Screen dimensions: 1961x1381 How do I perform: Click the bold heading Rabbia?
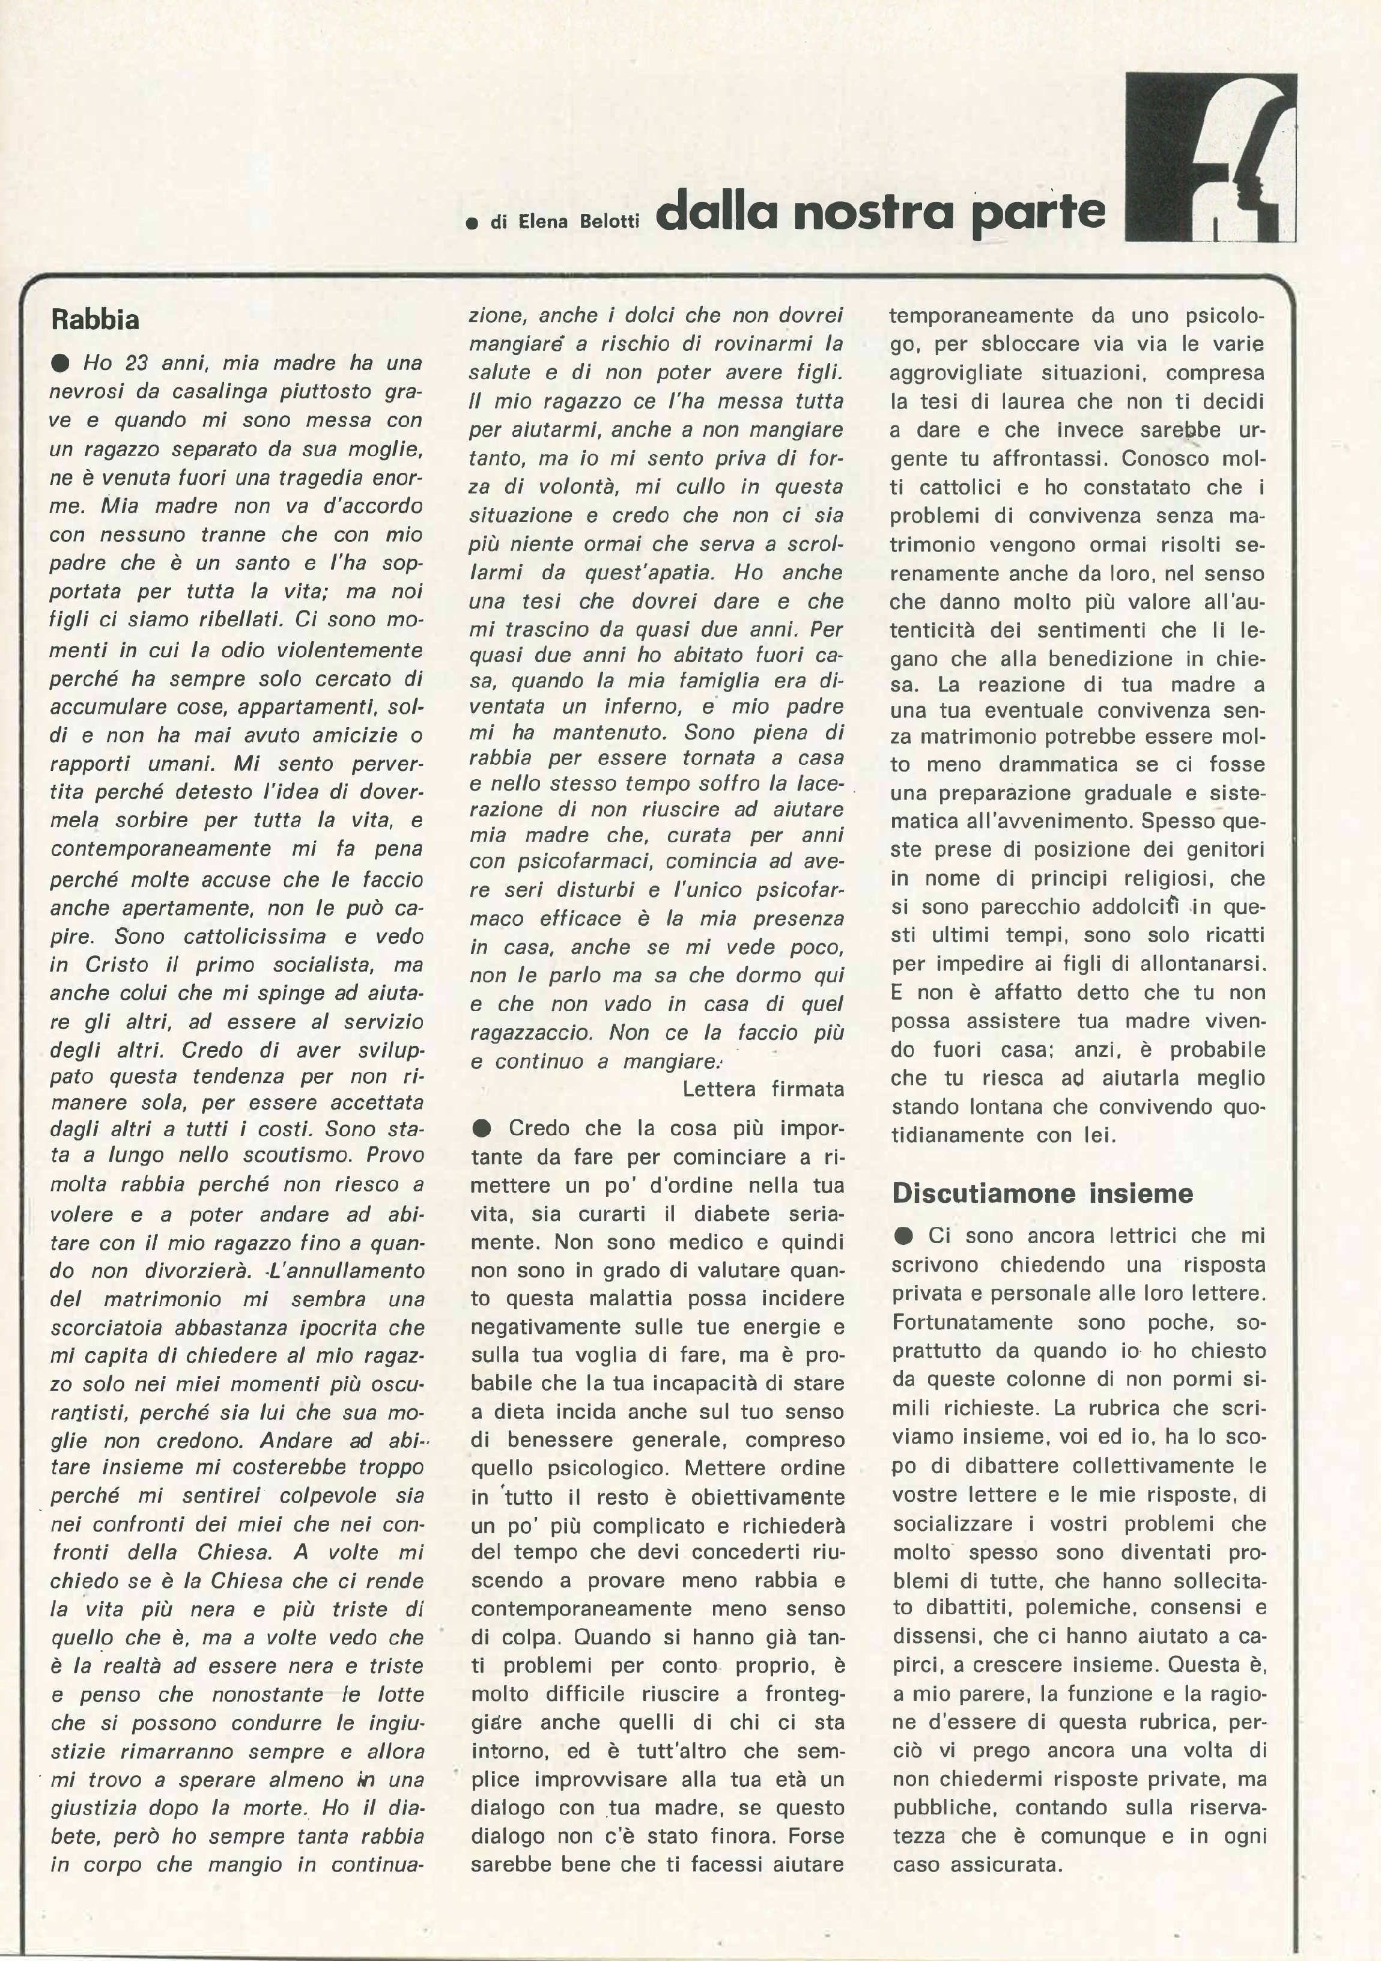(x=95, y=320)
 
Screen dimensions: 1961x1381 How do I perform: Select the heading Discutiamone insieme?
(x=1042, y=1193)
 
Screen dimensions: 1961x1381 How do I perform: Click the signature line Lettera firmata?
(x=763, y=1089)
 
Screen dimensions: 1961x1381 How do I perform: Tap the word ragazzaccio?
(x=531, y=1033)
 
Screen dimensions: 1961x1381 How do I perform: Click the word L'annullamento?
(x=347, y=1270)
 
